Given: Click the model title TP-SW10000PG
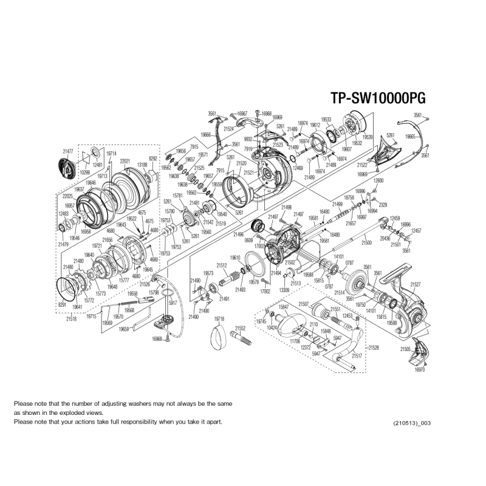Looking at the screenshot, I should tap(377, 98).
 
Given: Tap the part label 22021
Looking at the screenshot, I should tap(126, 161).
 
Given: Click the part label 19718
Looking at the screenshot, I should tap(219, 318).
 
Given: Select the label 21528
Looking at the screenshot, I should tap(373, 347).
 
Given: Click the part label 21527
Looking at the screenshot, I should tap(416, 283).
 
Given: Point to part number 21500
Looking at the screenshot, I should tap(366, 242).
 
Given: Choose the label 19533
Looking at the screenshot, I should tap(326, 119).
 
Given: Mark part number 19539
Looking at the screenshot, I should tap(368, 137).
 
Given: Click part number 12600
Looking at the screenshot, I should tap(378, 181).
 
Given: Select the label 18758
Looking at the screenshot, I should tap(349, 198).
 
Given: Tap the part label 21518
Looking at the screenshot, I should tap(72, 318).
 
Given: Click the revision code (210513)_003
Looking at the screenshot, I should tap(411, 423).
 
